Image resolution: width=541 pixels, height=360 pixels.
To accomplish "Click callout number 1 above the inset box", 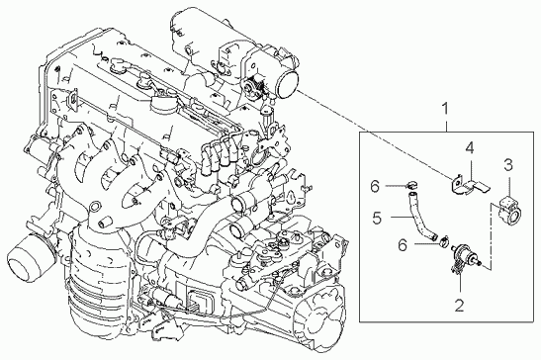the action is (x=445, y=109).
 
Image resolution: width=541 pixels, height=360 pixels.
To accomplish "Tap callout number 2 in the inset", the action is (x=459, y=306).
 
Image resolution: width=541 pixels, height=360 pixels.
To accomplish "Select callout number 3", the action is (x=508, y=165).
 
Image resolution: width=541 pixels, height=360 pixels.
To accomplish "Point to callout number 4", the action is (x=469, y=148).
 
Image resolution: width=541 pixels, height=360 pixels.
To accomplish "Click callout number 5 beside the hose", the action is (x=377, y=218).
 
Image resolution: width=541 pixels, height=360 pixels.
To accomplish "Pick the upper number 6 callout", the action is (x=375, y=186).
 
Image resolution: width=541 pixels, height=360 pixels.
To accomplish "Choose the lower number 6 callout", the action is (x=403, y=245).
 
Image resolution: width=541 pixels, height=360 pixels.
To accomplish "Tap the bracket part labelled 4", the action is (x=470, y=185).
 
